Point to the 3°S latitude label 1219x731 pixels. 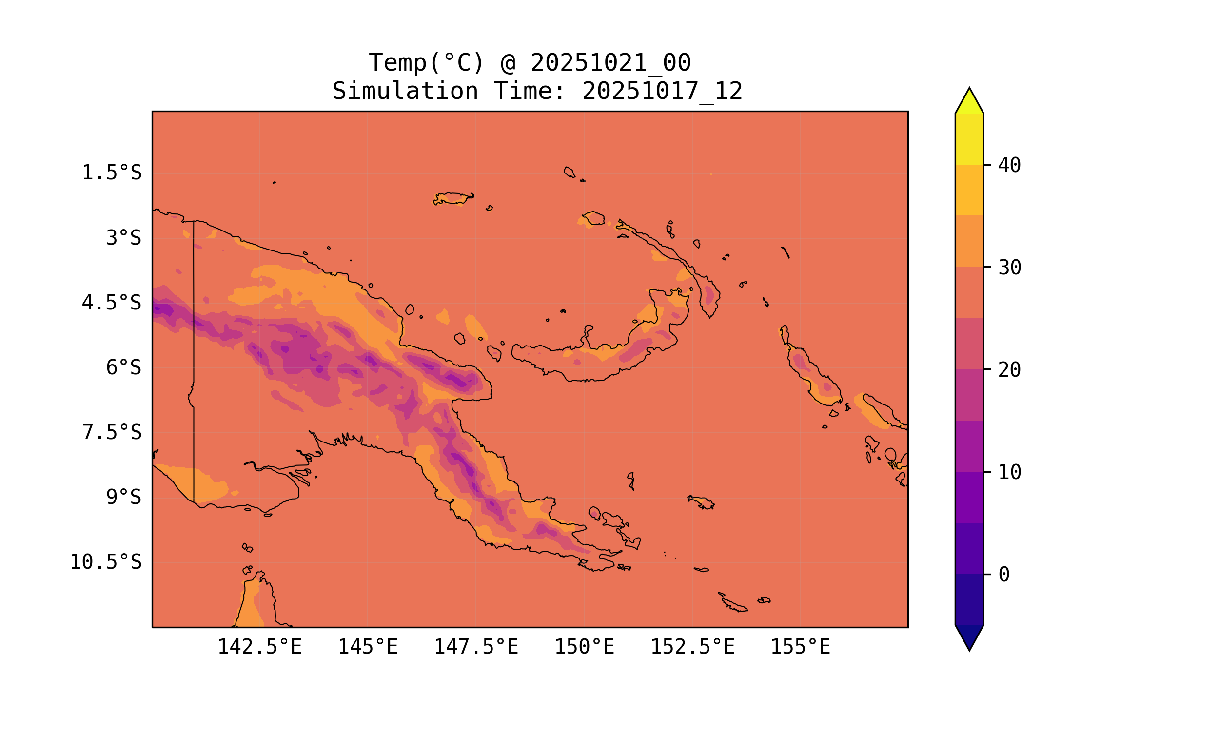click(x=124, y=238)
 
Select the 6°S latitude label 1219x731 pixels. click(x=124, y=367)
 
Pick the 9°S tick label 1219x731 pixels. click(x=124, y=497)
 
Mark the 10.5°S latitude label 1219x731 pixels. click(x=105, y=562)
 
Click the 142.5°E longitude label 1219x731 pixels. click(x=260, y=647)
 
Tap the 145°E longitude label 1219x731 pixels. click(x=368, y=647)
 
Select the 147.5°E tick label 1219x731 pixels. click(x=476, y=647)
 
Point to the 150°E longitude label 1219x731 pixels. click(x=584, y=647)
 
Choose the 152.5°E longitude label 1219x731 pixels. click(x=692, y=647)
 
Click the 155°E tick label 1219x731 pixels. click(x=800, y=647)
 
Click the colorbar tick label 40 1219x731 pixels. click(x=1009, y=166)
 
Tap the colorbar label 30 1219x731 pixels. click(x=1009, y=268)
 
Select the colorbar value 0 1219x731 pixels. click(x=1003, y=575)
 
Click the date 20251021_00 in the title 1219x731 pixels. click(x=610, y=63)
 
